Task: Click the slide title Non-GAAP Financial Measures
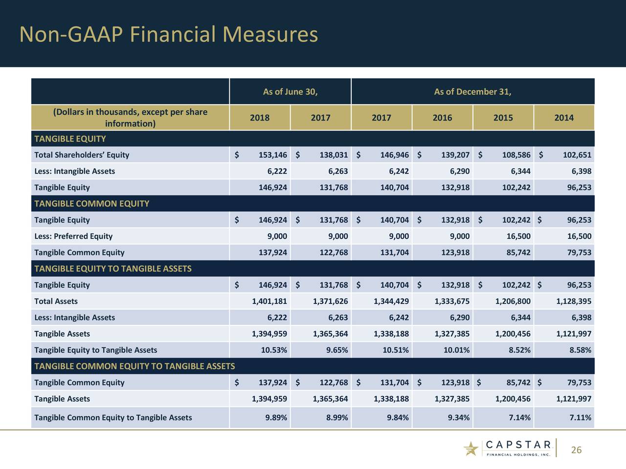[168, 35]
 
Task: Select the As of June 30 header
[290, 92]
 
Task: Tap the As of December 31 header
[472, 92]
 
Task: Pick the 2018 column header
[260, 118]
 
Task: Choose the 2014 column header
[564, 118]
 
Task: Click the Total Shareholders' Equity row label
[82, 155]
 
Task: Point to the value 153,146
[272, 155]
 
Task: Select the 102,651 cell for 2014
[577, 155]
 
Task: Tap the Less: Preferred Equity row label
[73, 236]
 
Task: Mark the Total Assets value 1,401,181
[269, 301]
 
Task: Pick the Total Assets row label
[56, 301]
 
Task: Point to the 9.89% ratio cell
[276, 417]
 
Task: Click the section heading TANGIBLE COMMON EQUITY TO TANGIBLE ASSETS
[134, 366]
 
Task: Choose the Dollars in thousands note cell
[130, 118]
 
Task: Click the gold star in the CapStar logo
[471, 448]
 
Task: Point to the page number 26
[576, 450]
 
